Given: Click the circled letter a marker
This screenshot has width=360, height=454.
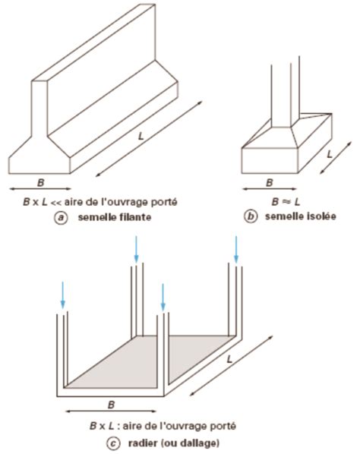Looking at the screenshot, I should [x=59, y=217].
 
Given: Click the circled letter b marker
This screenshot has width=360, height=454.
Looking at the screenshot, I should [x=248, y=217].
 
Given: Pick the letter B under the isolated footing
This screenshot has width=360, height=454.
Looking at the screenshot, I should [x=267, y=182].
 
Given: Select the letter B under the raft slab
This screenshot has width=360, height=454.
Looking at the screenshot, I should [x=112, y=405].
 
